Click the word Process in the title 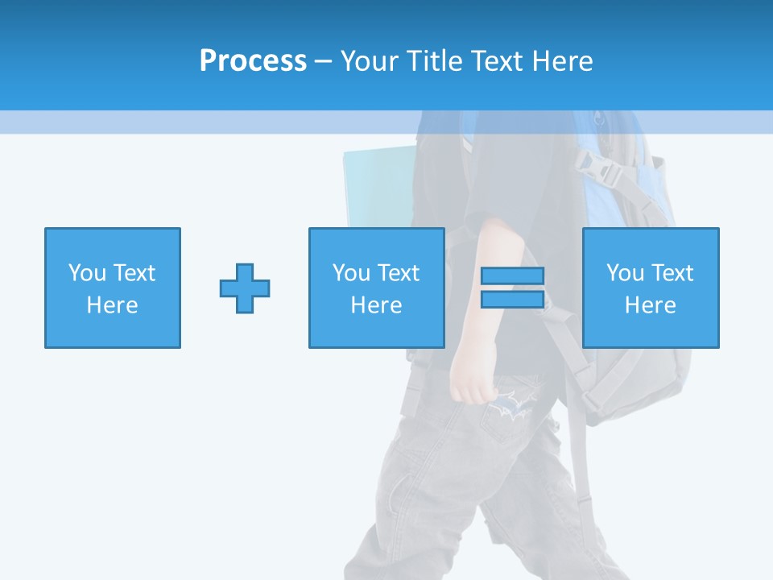pos(253,61)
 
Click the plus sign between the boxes pos(245,288)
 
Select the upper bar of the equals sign pos(512,275)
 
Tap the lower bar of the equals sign pos(512,300)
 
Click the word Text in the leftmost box pos(134,273)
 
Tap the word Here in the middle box pos(376,305)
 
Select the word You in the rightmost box pos(625,273)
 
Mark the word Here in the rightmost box pos(651,305)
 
